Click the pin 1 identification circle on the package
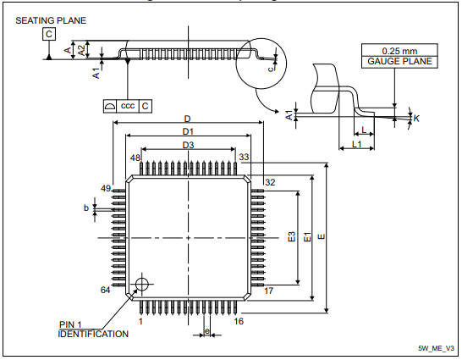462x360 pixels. (141, 283)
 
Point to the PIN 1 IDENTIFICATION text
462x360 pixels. (93, 330)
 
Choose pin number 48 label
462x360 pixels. (135, 158)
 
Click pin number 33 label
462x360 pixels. (244, 158)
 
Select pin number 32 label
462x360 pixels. (270, 182)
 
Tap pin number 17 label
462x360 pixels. (269, 291)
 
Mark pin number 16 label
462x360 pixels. (239, 322)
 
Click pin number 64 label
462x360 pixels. (106, 291)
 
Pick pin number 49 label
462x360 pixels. (106, 188)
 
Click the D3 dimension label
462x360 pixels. (188, 146)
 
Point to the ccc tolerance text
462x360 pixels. (128, 106)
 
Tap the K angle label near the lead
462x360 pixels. (416, 118)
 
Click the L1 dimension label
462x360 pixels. (356, 147)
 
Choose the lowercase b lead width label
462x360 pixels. (85, 207)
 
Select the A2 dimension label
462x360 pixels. (80, 49)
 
